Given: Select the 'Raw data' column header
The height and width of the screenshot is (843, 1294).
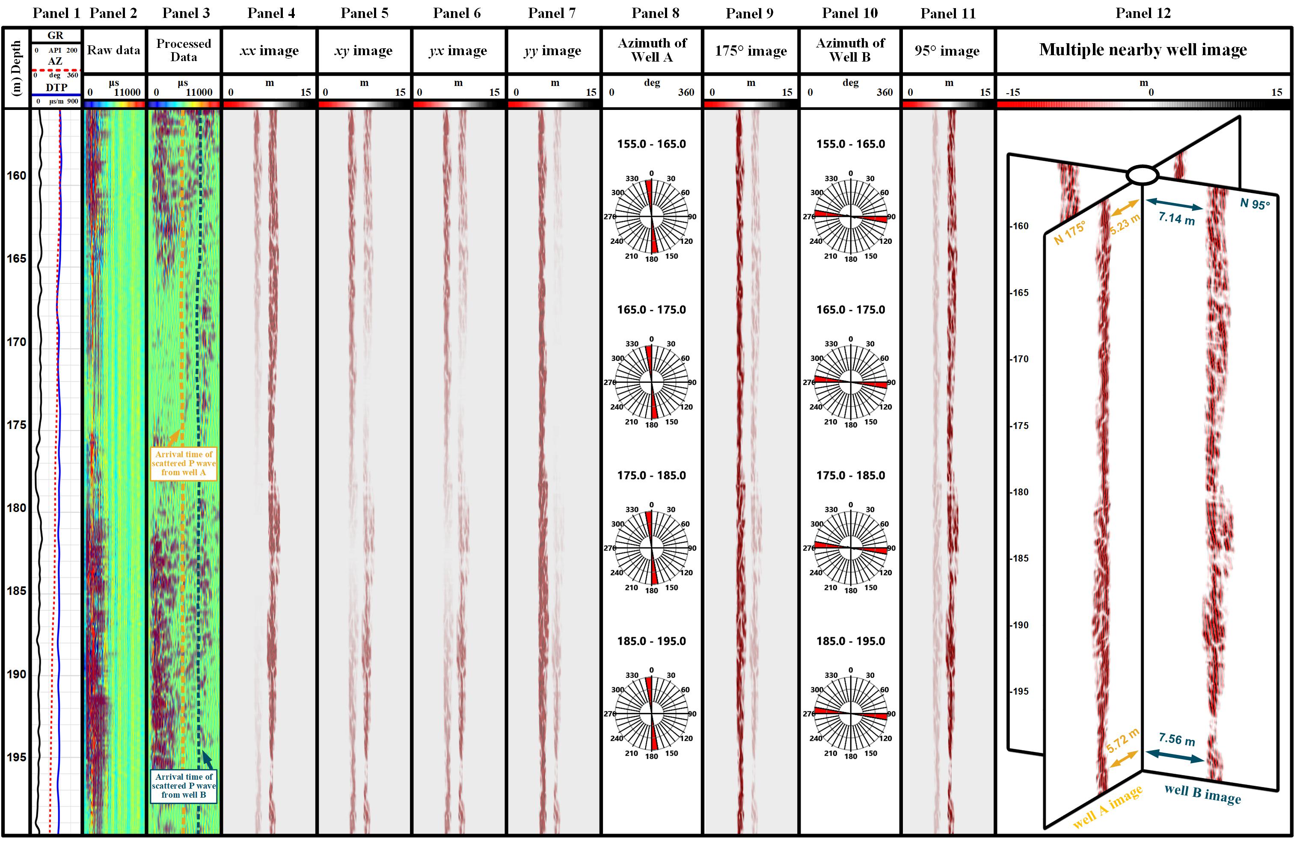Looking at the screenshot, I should pos(114,50).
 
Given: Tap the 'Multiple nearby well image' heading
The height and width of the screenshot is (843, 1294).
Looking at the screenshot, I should pos(1143,50).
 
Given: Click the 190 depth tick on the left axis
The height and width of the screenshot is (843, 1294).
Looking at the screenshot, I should pos(16,674).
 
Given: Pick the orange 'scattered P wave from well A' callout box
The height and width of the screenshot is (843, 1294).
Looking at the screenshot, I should pos(184,463).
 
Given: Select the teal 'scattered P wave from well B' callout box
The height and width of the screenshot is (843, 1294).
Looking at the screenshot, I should pos(184,785).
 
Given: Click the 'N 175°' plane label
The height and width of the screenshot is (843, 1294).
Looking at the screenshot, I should pos(1069,232).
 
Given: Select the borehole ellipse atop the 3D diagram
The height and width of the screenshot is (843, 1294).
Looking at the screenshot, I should pos(1142,175).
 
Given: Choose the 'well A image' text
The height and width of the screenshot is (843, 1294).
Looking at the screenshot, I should pos(1107,807).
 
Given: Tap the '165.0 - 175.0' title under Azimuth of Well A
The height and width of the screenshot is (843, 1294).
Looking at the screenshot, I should pos(651,310).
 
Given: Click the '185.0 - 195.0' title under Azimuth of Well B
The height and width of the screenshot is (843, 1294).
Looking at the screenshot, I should pos(850,641).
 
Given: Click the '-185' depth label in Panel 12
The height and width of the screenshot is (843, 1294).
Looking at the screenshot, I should pos(1019,558).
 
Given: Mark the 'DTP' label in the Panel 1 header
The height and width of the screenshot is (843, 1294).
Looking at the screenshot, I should pos(56,88).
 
